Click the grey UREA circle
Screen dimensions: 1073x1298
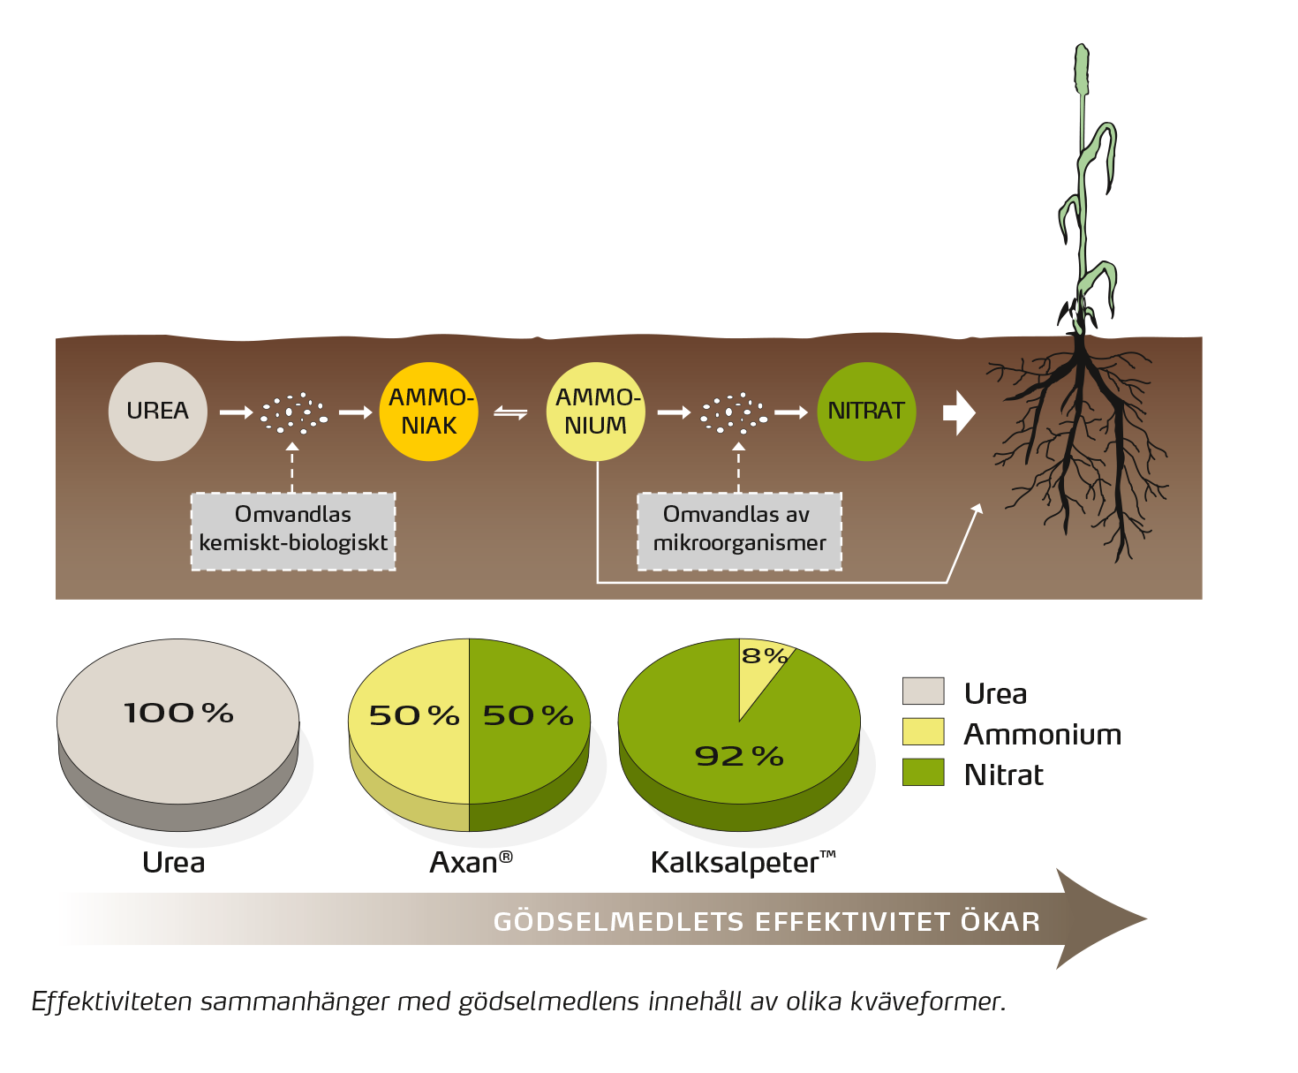click(x=157, y=412)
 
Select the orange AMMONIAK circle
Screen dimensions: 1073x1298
click(x=429, y=412)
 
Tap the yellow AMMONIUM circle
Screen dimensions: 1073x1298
click(x=596, y=412)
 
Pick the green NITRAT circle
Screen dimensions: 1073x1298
click(x=866, y=412)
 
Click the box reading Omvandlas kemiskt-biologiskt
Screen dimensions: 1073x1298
click(x=293, y=530)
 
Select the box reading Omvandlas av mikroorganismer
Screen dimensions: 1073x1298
click(x=739, y=530)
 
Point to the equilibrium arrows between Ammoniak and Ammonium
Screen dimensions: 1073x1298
click(x=510, y=412)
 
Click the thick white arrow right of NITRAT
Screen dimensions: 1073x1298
click(x=959, y=412)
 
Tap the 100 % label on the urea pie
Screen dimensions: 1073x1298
click(x=178, y=714)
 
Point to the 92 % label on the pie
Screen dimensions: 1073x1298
click(x=739, y=757)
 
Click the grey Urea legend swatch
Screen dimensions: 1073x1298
click(x=923, y=691)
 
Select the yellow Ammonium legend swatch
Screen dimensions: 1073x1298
click(x=923, y=732)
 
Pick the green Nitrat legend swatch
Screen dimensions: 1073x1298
click(x=923, y=773)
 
